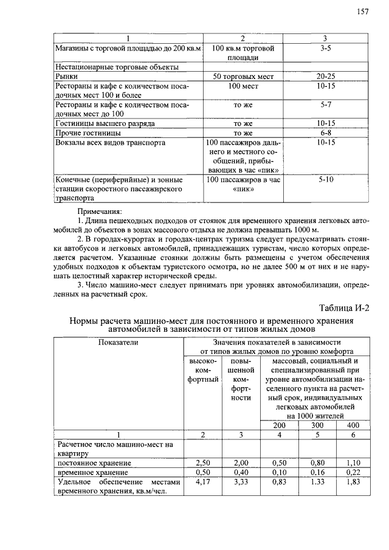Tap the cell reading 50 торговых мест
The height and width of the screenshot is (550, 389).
pyautogui.click(x=243, y=77)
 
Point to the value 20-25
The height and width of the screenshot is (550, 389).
pyautogui.click(x=326, y=77)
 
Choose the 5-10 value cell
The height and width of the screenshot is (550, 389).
pyautogui.click(x=326, y=180)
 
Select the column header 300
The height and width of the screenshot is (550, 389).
pyautogui.click(x=317, y=425)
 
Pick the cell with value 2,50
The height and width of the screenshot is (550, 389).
pyautogui.click(x=204, y=463)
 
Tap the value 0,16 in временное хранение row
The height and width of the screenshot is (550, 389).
pyautogui.click(x=317, y=472)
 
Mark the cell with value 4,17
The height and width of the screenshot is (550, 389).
pyautogui.click(x=204, y=482)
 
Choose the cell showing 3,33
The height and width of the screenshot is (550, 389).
pyautogui.click(x=241, y=482)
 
